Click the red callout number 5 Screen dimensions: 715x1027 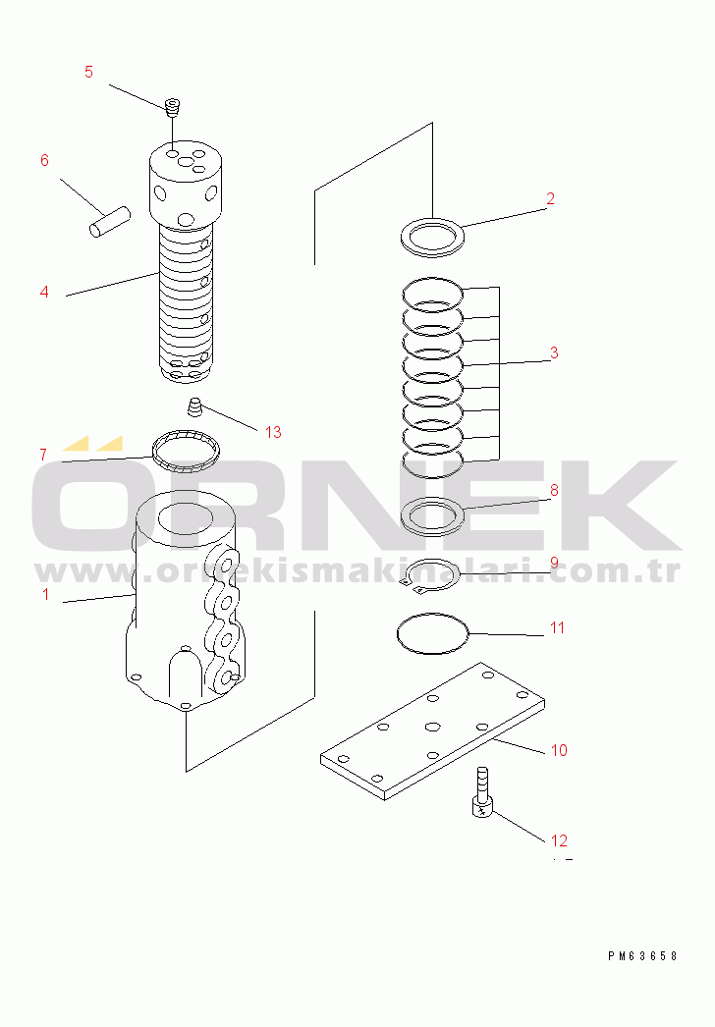point(89,72)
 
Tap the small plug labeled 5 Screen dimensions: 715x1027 point(172,107)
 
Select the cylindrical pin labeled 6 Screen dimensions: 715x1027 point(110,221)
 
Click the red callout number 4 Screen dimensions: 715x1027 point(44,292)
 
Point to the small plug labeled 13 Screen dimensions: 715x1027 point(194,406)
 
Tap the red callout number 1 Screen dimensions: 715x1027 point(45,594)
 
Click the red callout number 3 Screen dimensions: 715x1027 point(555,353)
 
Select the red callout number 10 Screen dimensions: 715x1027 point(559,750)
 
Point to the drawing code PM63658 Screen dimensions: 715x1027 point(642,955)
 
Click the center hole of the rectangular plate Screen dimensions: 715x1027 point(432,727)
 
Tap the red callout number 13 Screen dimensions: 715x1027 point(273,432)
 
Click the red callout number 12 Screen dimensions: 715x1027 point(559,840)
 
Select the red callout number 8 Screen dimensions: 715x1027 point(555,491)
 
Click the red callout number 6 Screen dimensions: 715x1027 point(44,160)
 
